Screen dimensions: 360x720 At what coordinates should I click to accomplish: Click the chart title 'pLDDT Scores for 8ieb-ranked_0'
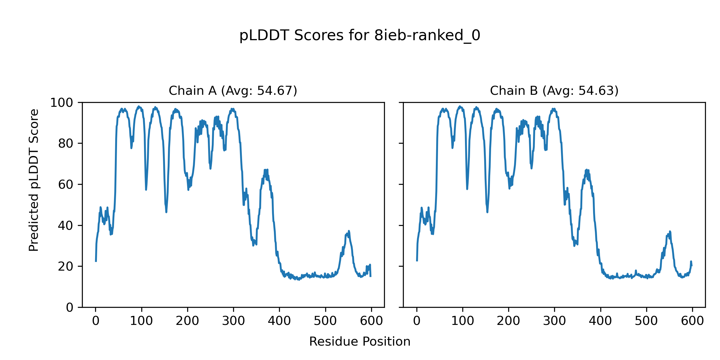point(360,36)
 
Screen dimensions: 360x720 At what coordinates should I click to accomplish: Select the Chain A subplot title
point(233,91)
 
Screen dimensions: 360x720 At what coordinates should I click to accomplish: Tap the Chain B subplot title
point(554,91)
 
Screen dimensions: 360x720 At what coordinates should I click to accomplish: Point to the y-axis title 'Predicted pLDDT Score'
point(34,180)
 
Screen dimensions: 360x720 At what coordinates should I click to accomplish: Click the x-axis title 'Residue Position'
point(360,342)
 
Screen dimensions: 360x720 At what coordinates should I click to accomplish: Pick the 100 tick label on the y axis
point(61,103)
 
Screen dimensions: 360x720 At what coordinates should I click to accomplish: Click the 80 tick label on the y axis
point(66,144)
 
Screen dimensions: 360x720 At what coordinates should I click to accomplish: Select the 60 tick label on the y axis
point(66,185)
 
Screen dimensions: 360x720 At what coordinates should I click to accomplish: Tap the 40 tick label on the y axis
point(66,226)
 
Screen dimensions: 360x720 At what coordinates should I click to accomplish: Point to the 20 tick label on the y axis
point(66,266)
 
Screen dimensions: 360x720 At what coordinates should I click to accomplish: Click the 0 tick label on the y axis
point(70,307)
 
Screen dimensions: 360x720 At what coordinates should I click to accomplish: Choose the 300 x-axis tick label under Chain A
point(233,321)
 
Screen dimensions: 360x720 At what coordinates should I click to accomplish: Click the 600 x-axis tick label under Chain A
point(371,321)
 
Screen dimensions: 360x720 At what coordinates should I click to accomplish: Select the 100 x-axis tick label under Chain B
point(463,321)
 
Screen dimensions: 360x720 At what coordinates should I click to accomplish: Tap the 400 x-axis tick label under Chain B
point(600,321)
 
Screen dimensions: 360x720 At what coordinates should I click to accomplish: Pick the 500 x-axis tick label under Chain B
point(646,321)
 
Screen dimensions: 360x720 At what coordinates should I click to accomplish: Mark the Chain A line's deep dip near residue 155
point(166,212)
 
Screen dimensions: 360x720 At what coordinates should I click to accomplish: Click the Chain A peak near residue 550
point(349,231)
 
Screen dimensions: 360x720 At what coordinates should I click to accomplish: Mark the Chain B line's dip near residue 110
point(467,189)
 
